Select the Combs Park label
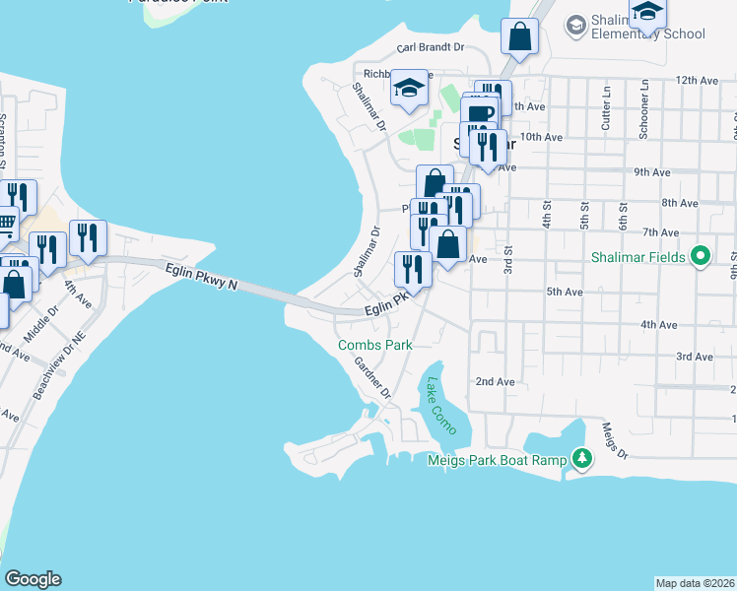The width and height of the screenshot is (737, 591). click(x=374, y=345)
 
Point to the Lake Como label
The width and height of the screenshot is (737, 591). click(x=435, y=404)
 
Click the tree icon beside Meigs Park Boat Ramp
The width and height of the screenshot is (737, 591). click(x=582, y=458)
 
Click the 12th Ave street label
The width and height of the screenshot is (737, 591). click(x=699, y=80)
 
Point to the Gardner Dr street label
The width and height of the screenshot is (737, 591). click(x=373, y=377)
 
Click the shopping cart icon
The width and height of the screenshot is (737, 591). click(x=6, y=224)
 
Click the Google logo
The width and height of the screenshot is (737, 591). click(x=33, y=579)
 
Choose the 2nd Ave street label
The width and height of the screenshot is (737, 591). click(x=495, y=381)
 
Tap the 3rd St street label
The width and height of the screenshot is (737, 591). click(x=508, y=262)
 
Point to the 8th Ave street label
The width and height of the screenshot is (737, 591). click(x=679, y=203)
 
